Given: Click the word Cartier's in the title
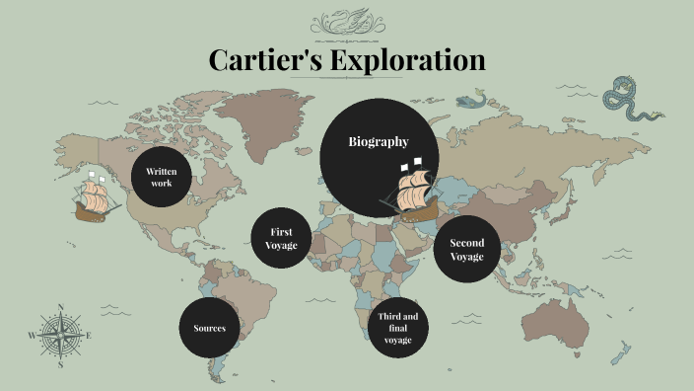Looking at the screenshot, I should [x=263, y=59].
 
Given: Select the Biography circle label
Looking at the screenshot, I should [x=379, y=142].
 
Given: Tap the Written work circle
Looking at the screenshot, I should [x=162, y=178].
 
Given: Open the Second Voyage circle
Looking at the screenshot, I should [x=466, y=250].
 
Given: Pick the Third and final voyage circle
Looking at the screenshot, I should [x=398, y=328].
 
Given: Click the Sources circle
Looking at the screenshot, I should [x=209, y=328].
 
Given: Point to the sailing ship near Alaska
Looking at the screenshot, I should [x=96, y=197].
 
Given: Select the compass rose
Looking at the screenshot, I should [x=61, y=336].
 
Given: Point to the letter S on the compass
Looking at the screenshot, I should [x=61, y=364].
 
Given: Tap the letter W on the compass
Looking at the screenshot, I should [x=32, y=336].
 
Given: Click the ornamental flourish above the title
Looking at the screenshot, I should [x=347, y=22].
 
